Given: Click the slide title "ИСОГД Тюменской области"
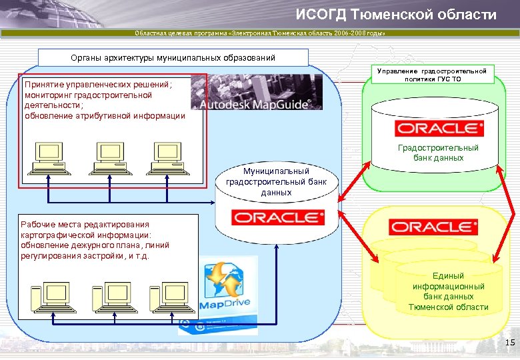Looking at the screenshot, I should coord(396,15).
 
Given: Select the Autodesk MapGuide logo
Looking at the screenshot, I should coord(256,92).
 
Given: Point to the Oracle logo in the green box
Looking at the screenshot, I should coord(436,128).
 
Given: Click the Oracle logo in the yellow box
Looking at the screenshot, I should coord(433,227).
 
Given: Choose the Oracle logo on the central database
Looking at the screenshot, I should coord(277,217).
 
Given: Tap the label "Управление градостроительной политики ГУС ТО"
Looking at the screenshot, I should coord(431,75).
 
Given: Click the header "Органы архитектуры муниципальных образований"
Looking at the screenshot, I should coord(173,57).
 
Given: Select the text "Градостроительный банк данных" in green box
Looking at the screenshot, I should coord(438,153).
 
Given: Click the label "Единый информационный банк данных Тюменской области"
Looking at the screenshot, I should coord(448,291).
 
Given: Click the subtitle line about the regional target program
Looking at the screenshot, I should coord(260,33).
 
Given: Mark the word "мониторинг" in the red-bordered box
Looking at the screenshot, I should coord(49,95).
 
